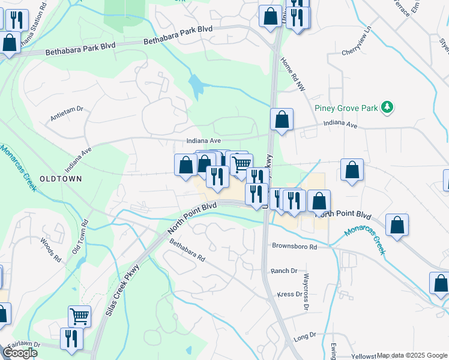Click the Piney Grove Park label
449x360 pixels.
346,108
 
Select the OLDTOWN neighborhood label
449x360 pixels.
60,179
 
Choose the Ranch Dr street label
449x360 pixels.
284,271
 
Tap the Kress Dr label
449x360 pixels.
289,295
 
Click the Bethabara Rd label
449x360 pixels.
187,251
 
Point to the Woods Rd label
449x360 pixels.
52,251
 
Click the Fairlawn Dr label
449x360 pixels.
20,345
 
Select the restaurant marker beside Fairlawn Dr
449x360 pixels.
71,338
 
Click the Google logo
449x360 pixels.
20,353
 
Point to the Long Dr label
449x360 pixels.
305,338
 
